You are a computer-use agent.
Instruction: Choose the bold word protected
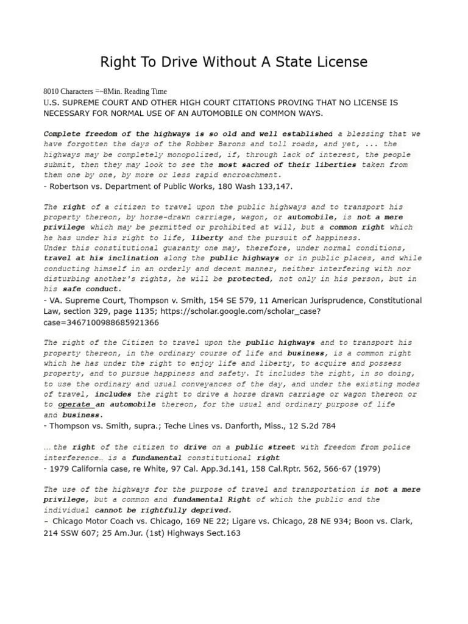click(x=249, y=278)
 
